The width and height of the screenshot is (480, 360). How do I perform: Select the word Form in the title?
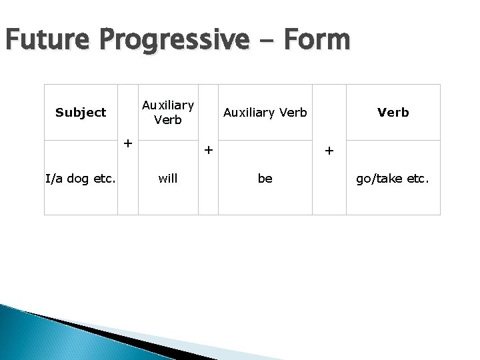[315, 41]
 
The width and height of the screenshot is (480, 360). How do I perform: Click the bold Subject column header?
[81, 113]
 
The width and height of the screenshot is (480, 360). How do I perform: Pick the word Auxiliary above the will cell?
[167, 105]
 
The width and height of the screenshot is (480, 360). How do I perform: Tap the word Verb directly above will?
[167, 120]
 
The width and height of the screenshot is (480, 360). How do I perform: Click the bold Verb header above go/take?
[393, 113]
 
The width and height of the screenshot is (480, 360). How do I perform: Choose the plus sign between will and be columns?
[208, 150]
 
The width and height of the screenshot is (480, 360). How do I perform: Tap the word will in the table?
[167, 179]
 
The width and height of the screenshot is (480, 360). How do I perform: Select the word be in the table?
[265, 179]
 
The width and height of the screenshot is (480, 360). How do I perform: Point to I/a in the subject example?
[55, 179]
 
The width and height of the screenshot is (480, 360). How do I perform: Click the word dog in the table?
[81, 179]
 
